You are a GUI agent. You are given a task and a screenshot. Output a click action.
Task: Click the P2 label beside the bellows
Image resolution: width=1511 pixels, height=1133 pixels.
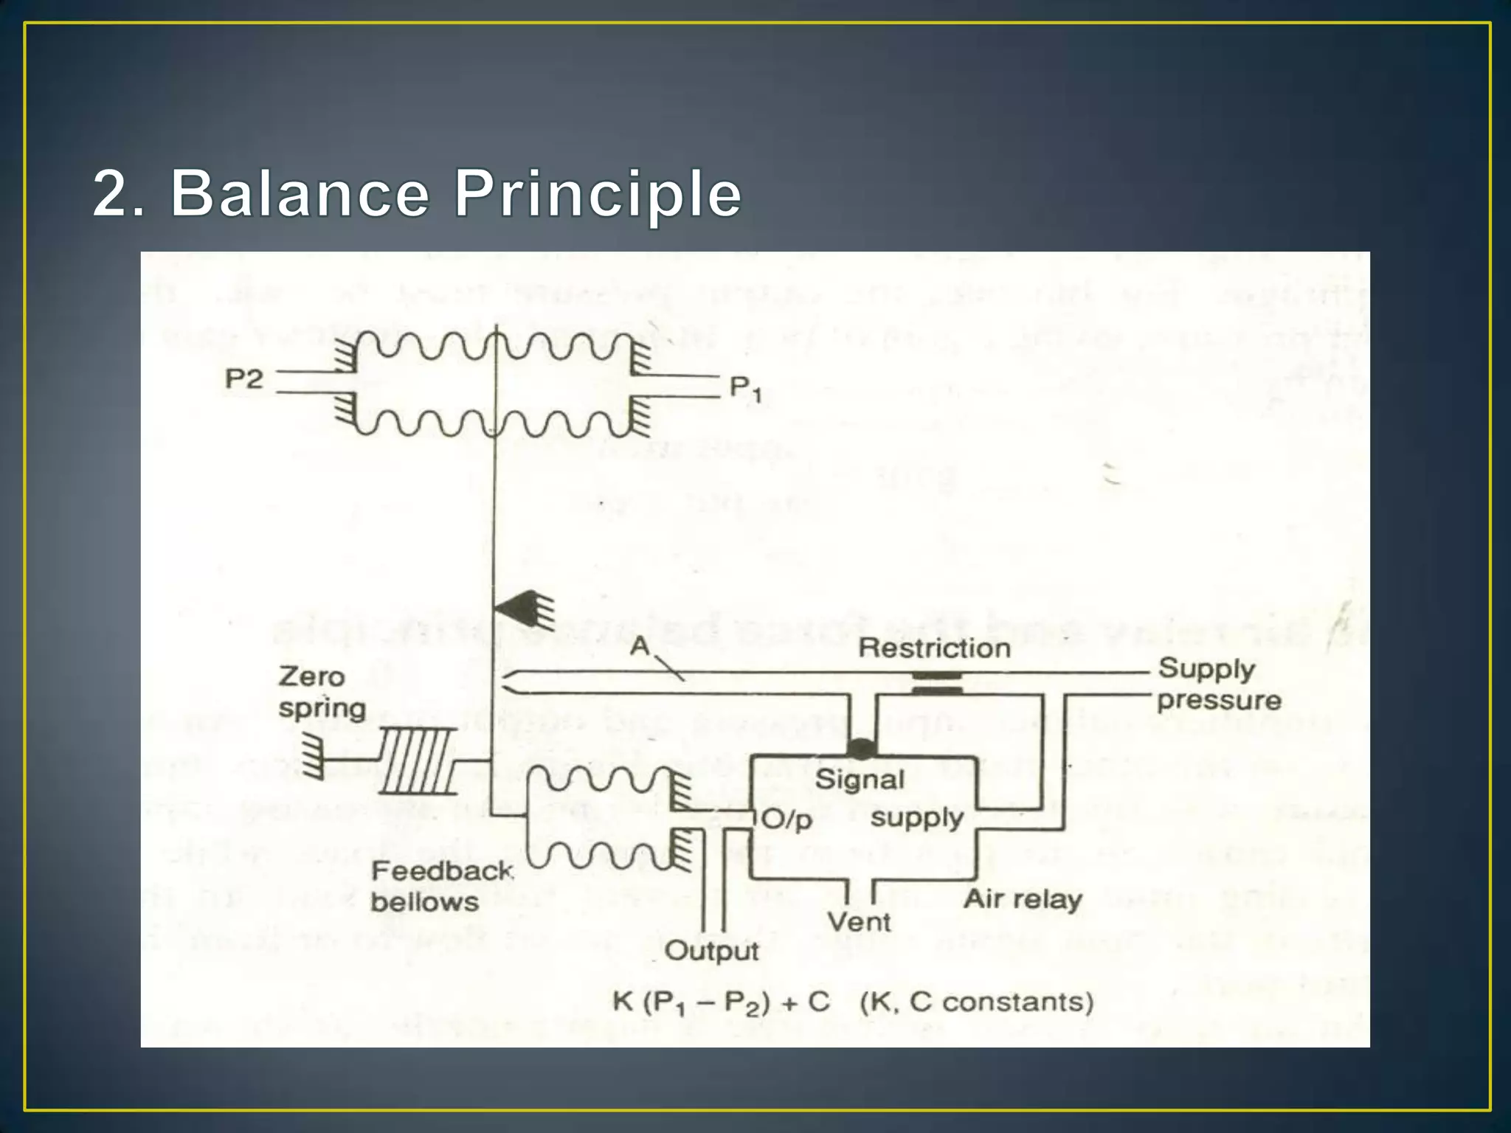click(243, 379)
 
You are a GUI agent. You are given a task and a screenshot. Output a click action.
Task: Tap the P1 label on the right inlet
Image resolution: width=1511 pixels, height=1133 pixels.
click(744, 388)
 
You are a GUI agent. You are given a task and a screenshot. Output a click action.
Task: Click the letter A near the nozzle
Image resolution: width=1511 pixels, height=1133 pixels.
click(639, 647)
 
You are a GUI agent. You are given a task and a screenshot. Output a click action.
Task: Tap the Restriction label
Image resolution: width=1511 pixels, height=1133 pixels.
click(934, 648)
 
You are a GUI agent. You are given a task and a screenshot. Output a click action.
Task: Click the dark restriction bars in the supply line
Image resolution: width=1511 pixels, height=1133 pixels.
click(937, 683)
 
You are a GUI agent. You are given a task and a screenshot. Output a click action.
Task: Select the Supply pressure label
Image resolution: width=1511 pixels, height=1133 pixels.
click(1218, 684)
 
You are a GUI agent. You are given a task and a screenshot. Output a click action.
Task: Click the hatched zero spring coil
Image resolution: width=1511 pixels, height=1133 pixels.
click(417, 760)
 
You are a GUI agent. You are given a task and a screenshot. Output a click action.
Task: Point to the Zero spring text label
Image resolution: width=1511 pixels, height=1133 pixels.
click(322, 692)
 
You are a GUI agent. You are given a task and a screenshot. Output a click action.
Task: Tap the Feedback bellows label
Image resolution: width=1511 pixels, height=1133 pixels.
click(441, 886)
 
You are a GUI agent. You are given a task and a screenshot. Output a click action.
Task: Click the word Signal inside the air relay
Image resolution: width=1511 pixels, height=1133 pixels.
click(860, 780)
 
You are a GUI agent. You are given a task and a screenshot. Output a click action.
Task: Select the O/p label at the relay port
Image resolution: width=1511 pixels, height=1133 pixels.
click(786, 820)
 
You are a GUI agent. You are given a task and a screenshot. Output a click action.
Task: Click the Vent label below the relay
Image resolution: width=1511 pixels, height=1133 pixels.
click(859, 921)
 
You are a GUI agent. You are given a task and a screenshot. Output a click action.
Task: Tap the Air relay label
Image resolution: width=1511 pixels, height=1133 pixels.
click(1023, 899)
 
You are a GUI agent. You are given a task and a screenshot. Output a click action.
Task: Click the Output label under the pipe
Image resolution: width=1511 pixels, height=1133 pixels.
click(711, 951)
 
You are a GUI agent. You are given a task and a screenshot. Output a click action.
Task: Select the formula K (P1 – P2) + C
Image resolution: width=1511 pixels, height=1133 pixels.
click(721, 1002)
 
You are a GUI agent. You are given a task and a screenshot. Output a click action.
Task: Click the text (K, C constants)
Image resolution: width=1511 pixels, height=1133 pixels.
click(977, 1002)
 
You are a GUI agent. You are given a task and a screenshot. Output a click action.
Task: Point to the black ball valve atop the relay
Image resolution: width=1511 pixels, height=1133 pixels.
click(861, 749)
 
